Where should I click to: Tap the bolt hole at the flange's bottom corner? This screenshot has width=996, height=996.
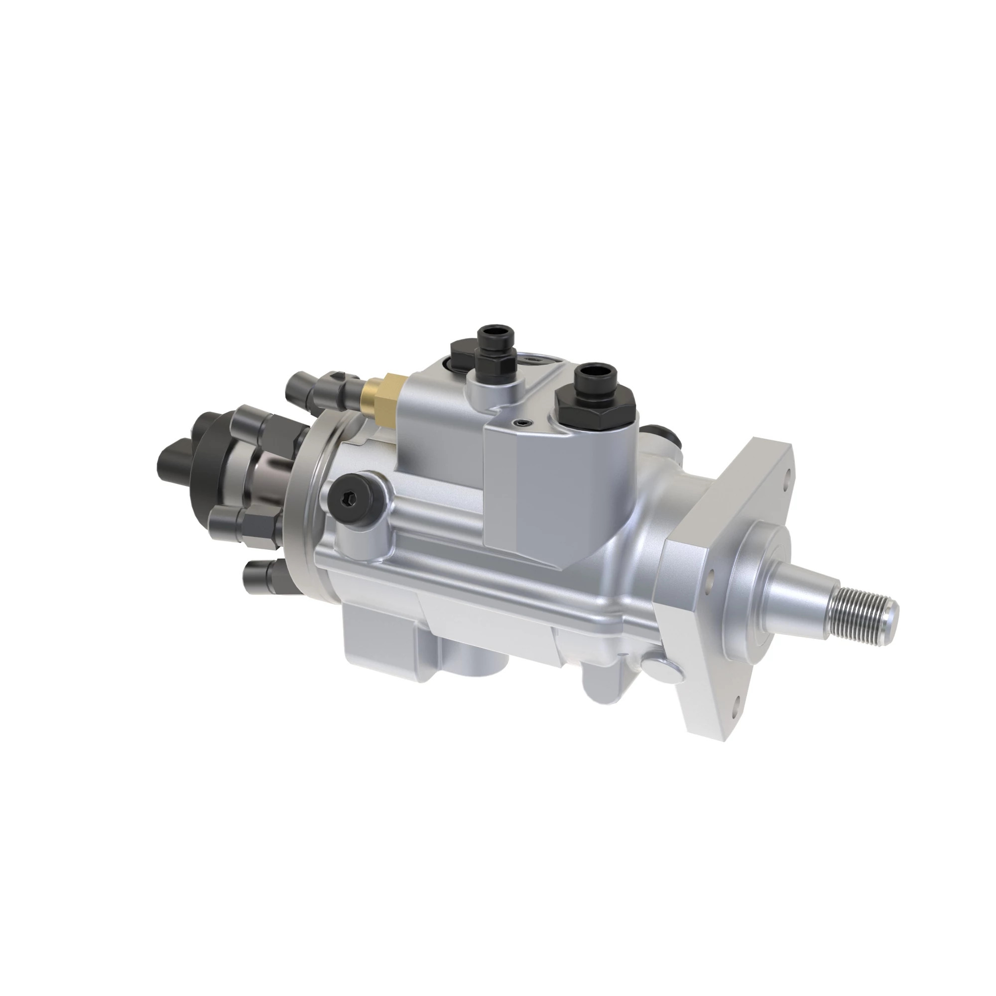point(735,701)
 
